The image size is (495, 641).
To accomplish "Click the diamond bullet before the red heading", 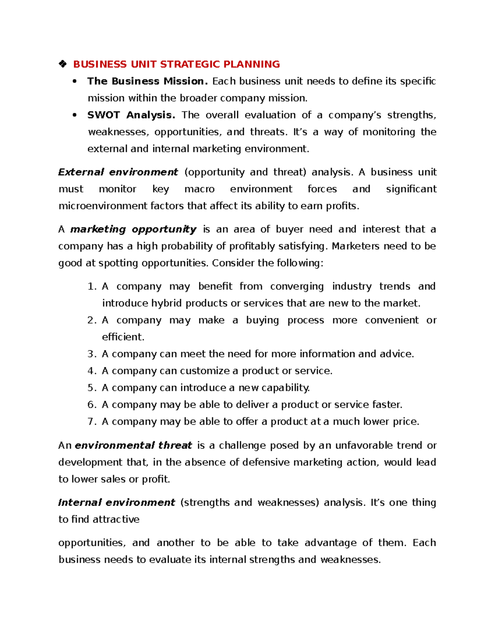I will pos(63,64).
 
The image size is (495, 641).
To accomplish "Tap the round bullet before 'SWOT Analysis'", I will pos(75,115).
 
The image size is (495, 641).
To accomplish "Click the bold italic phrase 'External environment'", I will pos(118,172).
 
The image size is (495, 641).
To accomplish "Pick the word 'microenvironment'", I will pos(103,206).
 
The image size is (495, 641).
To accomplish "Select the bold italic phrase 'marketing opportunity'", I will pos(133,229).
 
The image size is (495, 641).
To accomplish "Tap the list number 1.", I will pos(92,286).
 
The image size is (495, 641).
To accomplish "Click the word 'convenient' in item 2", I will pos(392,320).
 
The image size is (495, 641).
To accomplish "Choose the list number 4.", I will pos(92,371).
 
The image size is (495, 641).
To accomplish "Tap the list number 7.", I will pos(92,422).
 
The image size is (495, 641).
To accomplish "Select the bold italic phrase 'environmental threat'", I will pos(133,445).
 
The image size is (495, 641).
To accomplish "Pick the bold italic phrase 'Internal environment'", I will pos(117,502).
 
